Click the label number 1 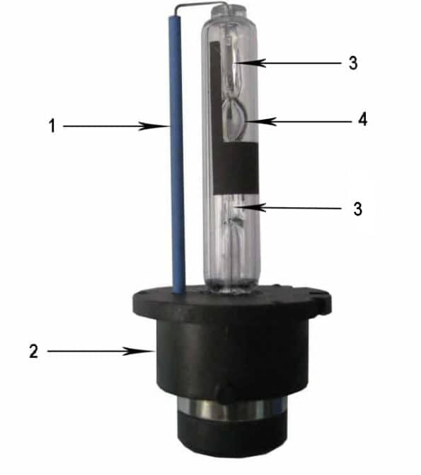tap(52, 126)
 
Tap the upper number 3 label tap(352, 63)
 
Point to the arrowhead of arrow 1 tap(165, 126)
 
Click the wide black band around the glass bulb tap(236, 166)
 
